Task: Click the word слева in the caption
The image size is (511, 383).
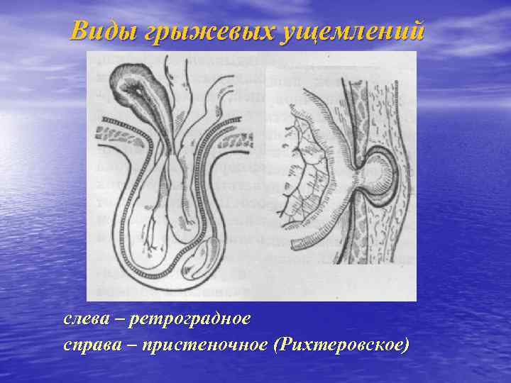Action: pos(87,319)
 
